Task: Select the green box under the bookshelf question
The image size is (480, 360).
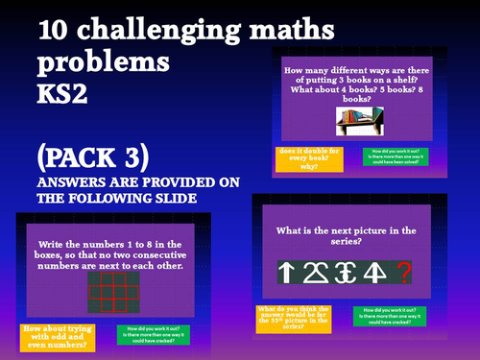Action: tap(396, 156)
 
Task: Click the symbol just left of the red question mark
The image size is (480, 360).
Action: tap(375, 273)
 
